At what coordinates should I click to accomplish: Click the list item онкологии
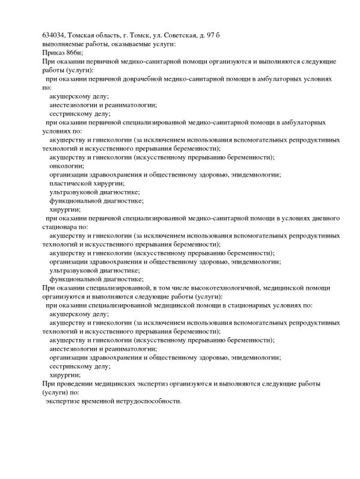coord(66,166)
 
